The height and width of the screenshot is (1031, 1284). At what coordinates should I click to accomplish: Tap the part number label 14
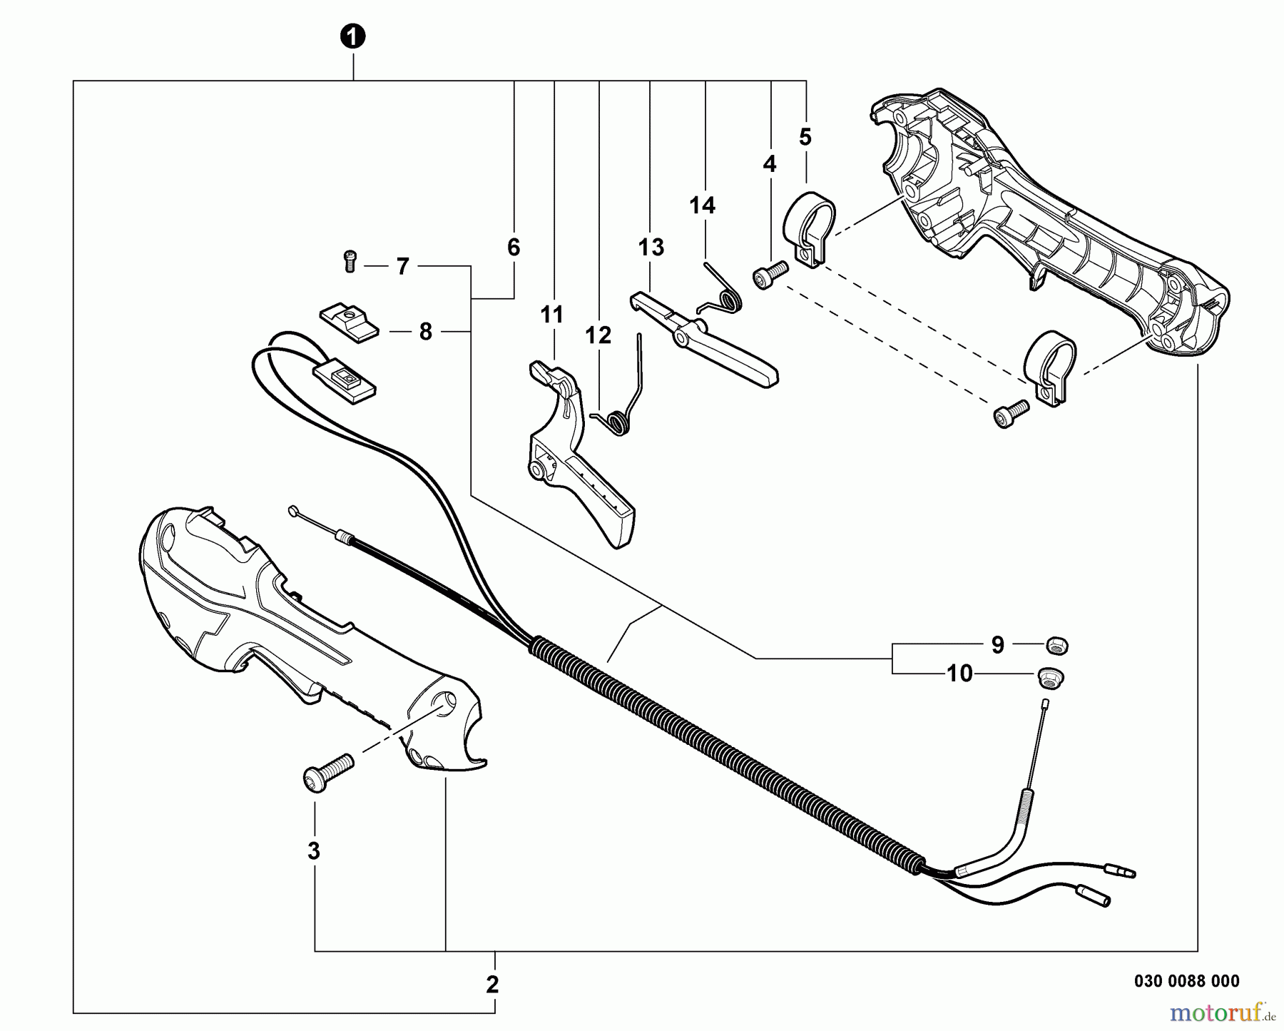702,205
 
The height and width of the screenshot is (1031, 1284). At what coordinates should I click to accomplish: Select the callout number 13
651,248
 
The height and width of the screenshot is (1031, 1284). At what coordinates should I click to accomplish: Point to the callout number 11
551,315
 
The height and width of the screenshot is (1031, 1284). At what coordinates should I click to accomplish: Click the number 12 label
598,335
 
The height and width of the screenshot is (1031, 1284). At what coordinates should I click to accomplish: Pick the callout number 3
314,851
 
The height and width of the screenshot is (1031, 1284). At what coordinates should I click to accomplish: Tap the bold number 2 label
492,985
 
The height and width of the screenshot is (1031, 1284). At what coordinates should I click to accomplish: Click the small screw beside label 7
350,261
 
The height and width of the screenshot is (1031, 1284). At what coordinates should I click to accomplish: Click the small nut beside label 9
1053,645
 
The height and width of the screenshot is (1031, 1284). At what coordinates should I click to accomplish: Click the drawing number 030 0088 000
1186,981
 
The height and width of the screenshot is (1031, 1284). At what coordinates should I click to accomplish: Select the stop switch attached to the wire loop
345,377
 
